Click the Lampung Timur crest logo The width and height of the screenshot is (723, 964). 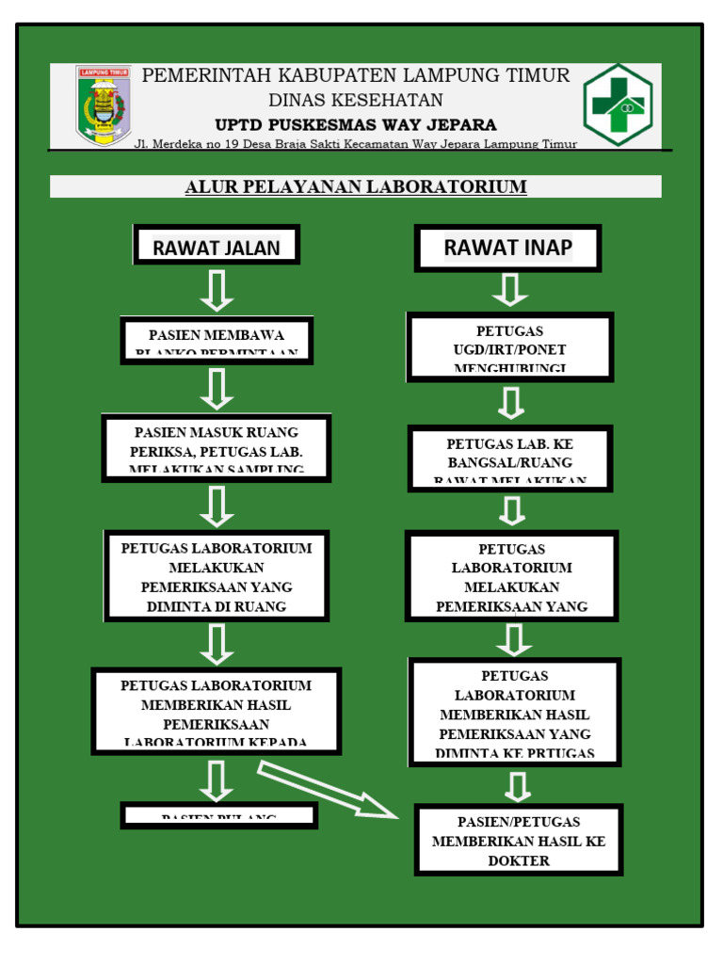(104, 105)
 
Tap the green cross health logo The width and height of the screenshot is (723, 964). (618, 104)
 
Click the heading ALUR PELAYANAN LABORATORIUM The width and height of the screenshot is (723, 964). (356, 186)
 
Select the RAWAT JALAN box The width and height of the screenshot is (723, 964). (217, 247)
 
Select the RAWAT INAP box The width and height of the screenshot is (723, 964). (507, 248)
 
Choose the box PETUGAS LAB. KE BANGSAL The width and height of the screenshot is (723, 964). (510, 459)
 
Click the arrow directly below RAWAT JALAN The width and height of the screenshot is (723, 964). (217, 290)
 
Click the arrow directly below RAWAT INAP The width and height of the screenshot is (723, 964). (510, 290)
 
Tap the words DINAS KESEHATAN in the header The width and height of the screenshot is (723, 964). (355, 100)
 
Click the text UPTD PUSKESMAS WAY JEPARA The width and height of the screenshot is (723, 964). (355, 124)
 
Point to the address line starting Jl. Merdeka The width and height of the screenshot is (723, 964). (355, 144)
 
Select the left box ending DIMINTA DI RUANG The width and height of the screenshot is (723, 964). (217, 576)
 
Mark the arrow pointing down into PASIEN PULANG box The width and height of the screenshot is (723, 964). (217, 780)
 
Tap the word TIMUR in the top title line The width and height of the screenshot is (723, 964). (536, 75)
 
